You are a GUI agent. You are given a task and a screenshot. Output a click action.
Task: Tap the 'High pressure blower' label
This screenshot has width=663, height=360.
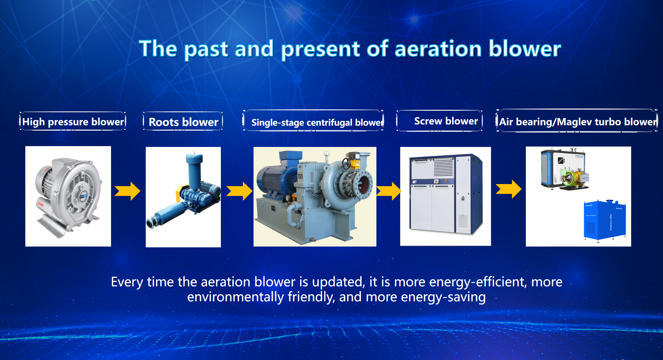[73, 122]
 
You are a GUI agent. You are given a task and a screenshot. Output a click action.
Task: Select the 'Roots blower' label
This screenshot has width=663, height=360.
[183, 122]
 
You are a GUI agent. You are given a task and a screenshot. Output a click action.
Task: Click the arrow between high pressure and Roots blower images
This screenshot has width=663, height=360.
[127, 191]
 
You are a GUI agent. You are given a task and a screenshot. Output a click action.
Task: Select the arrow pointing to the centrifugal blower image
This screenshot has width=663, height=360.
[240, 191]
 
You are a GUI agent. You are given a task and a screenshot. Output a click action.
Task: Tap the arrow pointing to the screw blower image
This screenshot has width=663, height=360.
[389, 191]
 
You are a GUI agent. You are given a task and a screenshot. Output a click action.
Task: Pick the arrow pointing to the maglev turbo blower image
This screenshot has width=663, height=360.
[509, 189]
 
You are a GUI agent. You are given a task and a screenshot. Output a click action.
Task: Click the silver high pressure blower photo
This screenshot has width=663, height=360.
[68, 196]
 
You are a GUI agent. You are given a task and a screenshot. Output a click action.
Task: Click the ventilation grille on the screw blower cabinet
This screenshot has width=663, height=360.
[443, 167]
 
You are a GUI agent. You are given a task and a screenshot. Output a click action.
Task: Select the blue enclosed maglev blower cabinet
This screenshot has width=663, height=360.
[605, 220]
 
